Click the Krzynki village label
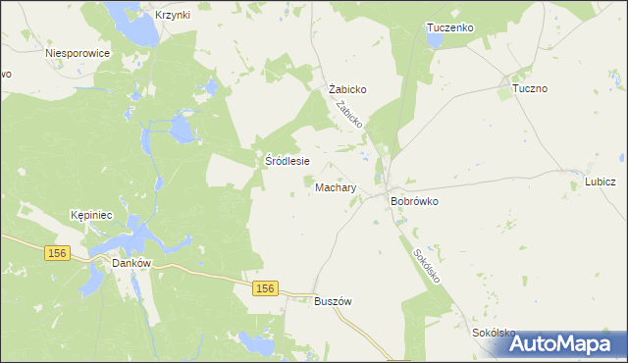(x=172, y=15)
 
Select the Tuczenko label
(x=450, y=28)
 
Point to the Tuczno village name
(x=530, y=88)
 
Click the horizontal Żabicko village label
(x=347, y=88)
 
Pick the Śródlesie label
(x=289, y=161)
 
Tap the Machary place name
(x=336, y=186)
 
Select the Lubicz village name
(x=600, y=181)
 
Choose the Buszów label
(x=332, y=301)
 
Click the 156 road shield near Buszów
(x=264, y=288)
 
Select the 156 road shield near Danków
(x=57, y=253)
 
